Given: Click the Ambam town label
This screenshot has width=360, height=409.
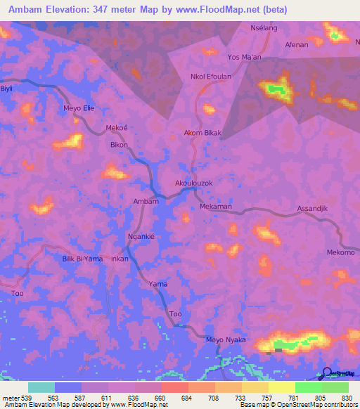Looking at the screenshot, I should coord(146,201).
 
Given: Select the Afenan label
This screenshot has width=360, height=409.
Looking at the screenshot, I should coord(296,44).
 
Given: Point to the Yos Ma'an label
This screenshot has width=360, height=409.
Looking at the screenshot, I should coord(244,57).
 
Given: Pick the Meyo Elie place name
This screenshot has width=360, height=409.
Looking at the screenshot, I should coord(78,108).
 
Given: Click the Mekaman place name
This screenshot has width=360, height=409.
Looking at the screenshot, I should coord(215,207).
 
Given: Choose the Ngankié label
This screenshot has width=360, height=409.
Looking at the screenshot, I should coord(141,237).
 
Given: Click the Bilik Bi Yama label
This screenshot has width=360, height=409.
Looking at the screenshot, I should coord(82,259).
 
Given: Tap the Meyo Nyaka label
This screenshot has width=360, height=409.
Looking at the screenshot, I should coord(226,339).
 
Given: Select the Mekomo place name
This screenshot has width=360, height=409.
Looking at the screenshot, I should coord(340,252).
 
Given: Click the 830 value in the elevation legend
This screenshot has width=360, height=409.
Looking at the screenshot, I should coord(347,397).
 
